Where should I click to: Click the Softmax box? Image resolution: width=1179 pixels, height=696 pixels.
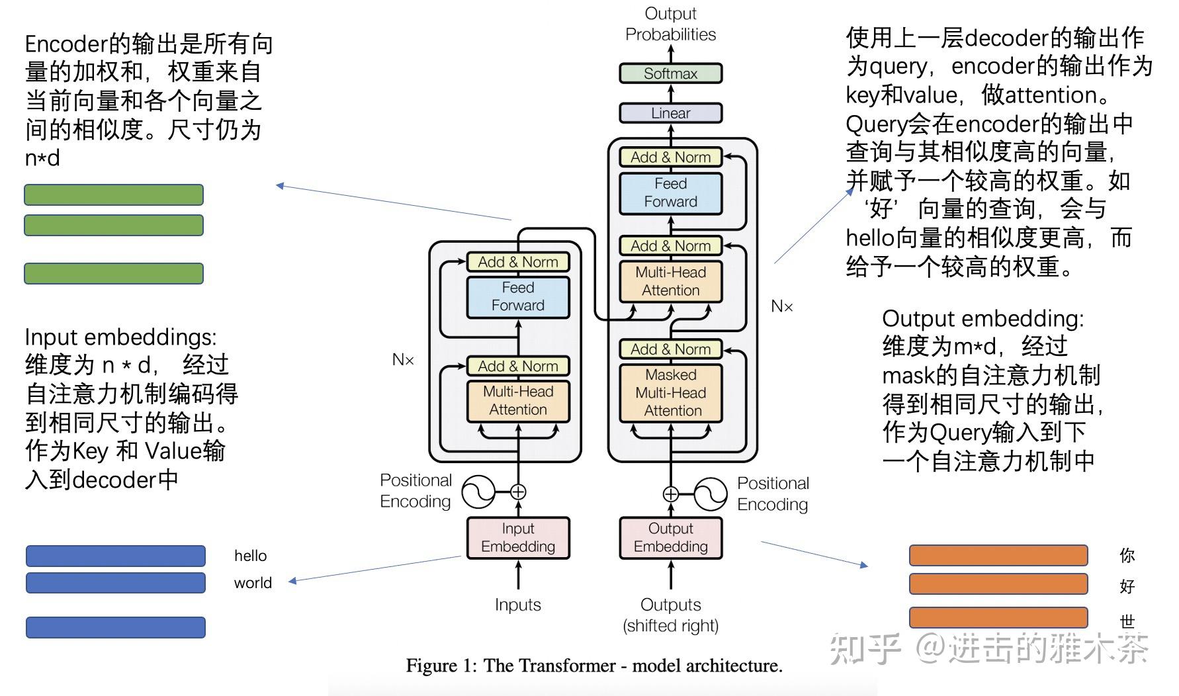(x=670, y=73)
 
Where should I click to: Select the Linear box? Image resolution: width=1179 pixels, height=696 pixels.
(x=670, y=113)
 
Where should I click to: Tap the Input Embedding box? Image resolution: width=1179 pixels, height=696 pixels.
(x=518, y=538)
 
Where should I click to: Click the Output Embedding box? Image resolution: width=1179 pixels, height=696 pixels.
(x=670, y=538)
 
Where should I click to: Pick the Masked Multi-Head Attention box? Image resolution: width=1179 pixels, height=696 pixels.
(x=670, y=392)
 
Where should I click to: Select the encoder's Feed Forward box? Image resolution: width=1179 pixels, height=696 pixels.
(x=518, y=297)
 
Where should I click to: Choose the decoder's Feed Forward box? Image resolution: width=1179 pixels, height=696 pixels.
(x=670, y=193)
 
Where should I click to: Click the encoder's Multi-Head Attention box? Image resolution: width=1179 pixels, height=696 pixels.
(x=518, y=401)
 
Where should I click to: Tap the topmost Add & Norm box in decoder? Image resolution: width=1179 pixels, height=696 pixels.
(x=670, y=157)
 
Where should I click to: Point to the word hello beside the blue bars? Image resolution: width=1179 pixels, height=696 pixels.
(x=251, y=556)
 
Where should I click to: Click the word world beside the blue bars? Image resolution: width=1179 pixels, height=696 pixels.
(x=253, y=583)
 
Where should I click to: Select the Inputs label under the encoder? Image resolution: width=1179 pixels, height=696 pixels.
(x=518, y=605)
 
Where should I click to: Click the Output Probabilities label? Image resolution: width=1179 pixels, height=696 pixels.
(x=671, y=24)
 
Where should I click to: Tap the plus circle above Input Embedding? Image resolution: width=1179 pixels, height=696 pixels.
(x=518, y=492)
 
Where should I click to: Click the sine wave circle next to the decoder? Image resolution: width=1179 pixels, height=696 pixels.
(x=711, y=494)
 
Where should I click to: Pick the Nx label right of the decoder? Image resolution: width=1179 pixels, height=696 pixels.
(x=782, y=306)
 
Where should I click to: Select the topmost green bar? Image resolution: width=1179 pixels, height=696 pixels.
(x=114, y=195)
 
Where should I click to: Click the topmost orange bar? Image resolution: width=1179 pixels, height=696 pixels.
(x=998, y=555)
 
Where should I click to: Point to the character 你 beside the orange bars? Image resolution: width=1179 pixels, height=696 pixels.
(x=1127, y=555)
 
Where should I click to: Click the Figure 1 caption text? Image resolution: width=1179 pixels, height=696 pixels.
(x=594, y=666)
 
